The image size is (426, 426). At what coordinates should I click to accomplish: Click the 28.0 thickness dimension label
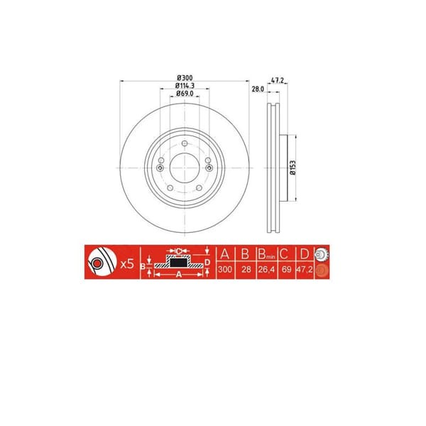pos(258,89)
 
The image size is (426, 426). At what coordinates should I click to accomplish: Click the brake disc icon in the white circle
pos(99,264)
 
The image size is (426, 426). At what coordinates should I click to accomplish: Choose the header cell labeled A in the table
pos(225,255)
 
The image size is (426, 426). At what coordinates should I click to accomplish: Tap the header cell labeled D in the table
pos(304,255)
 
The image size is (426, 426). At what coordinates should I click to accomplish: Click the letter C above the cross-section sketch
pos(180,251)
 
